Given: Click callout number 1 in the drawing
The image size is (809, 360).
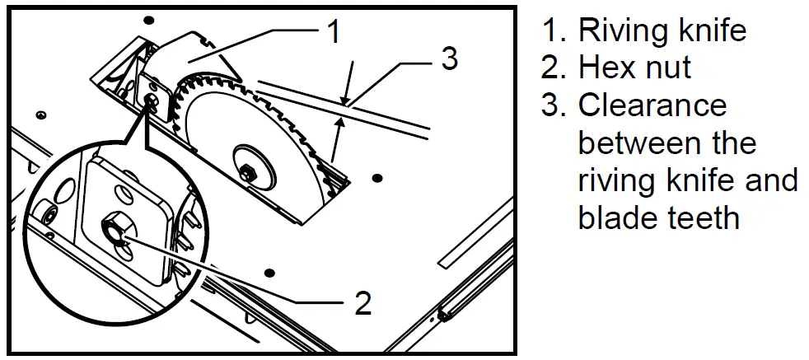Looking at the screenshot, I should coord(333,32).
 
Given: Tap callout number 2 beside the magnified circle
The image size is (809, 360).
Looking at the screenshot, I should coord(362,302).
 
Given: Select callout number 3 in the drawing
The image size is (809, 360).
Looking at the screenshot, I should coord(450,60).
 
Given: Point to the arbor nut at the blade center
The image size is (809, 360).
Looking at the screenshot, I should coord(247,171).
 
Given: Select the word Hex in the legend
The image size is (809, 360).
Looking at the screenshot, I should coord(607,68).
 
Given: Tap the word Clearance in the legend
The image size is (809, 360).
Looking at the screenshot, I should coord(652,105).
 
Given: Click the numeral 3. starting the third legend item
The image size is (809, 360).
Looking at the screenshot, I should coord(553,105).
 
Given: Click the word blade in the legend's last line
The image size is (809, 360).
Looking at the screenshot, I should coord(615,217).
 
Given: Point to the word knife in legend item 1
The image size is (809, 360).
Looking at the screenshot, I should coord(707,30).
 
